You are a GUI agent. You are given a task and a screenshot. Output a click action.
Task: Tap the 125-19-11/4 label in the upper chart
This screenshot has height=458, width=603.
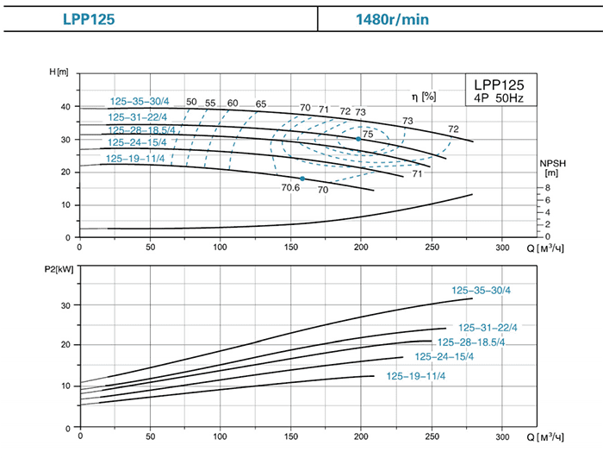coord(135,159)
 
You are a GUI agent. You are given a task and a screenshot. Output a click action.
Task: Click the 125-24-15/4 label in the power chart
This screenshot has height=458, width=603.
coord(444,357)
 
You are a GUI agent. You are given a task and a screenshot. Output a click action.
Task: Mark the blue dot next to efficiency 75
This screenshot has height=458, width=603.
coord(358,139)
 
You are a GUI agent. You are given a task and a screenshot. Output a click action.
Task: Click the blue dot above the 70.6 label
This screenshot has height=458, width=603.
coord(302,179)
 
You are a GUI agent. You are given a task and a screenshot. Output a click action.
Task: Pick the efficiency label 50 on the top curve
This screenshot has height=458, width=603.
coord(191,103)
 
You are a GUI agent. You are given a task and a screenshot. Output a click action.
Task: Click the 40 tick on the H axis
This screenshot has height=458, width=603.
coord(64,106)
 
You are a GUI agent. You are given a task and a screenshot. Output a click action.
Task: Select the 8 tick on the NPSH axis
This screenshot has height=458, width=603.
coord(547,187)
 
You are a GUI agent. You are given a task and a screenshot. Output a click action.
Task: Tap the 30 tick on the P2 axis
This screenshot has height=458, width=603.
coord(64,304)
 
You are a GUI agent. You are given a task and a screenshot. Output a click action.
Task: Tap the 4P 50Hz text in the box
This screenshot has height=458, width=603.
coord(500,97)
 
